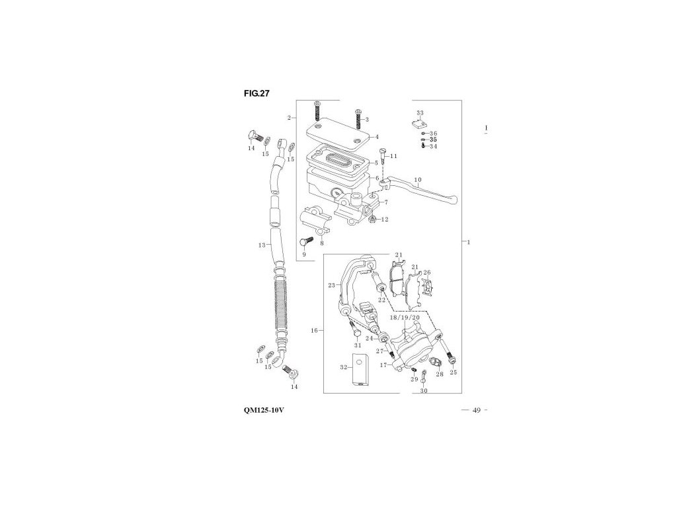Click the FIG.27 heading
[x=256, y=93]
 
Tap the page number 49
[x=476, y=411]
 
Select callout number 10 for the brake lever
[x=417, y=180]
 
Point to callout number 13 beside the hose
[x=262, y=245]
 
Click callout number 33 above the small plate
[x=420, y=113]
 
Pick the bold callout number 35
[x=433, y=140]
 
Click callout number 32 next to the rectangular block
[x=344, y=366]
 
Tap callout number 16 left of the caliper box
[x=315, y=329]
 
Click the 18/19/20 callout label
[x=405, y=317]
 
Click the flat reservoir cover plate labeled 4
[x=338, y=138]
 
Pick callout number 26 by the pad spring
[x=427, y=273]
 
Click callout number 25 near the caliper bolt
[x=453, y=373]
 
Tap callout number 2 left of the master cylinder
[x=289, y=118]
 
